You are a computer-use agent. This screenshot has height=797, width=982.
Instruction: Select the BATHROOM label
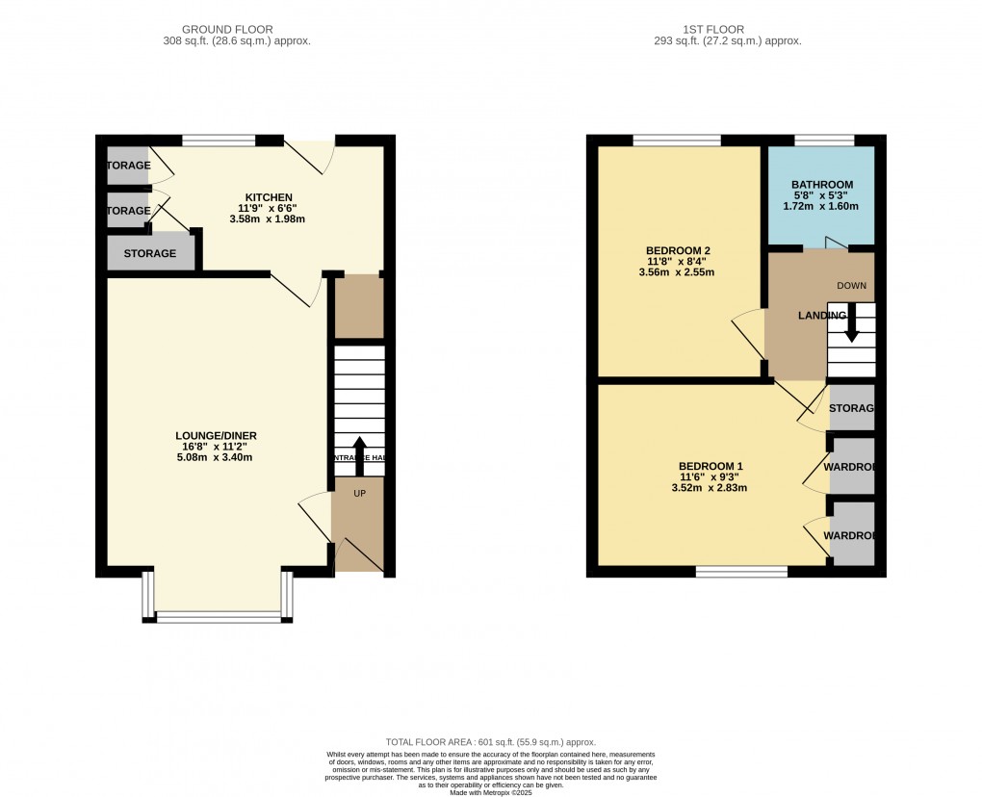point(822,185)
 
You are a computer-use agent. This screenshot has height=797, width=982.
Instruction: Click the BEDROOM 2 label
point(677,250)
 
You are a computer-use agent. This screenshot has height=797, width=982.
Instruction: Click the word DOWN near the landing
point(852,286)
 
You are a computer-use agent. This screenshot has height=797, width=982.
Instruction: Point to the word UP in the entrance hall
point(359,493)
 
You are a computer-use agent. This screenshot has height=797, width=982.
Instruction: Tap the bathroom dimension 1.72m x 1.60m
point(822,206)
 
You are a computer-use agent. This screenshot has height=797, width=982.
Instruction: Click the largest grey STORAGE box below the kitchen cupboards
point(150,253)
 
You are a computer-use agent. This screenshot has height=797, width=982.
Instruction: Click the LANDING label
point(821,316)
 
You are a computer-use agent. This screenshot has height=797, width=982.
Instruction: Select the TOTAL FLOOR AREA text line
point(490,742)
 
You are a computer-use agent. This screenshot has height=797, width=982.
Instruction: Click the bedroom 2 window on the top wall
point(677,141)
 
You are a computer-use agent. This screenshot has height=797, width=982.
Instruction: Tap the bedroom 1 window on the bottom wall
point(741,572)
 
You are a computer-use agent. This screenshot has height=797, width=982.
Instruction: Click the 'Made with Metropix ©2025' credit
point(490,791)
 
